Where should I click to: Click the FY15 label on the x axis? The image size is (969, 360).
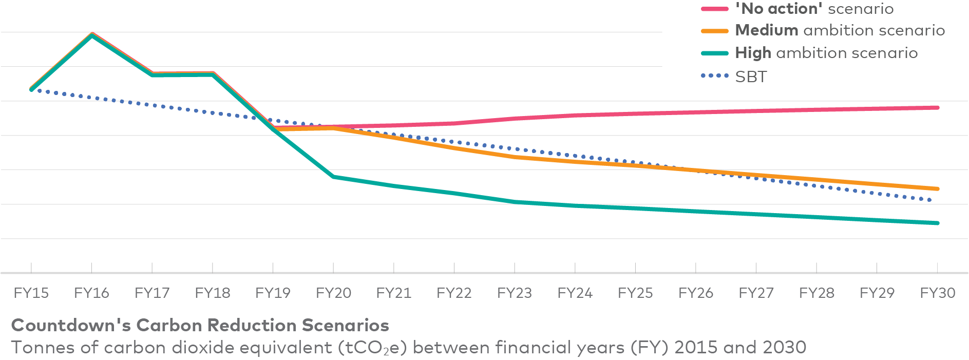(x=31, y=293)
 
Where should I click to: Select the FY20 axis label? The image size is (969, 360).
(x=333, y=293)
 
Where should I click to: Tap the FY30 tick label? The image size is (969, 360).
(x=937, y=293)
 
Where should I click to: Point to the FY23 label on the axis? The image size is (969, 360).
(x=515, y=293)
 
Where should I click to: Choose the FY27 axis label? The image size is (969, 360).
(x=756, y=293)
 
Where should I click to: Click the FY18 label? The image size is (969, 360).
(x=213, y=293)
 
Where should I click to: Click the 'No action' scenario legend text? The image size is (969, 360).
(x=814, y=9)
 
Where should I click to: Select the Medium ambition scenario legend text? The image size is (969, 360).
(x=840, y=30)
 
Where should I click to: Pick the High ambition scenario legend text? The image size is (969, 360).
(x=826, y=53)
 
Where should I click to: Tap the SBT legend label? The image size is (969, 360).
(x=751, y=77)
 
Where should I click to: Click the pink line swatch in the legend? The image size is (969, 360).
(x=715, y=9)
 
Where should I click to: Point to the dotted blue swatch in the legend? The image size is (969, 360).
(x=715, y=76)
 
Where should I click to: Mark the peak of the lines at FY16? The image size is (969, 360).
(x=92, y=34)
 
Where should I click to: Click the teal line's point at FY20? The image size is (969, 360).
(x=334, y=177)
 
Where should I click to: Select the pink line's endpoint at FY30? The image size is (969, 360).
(x=937, y=108)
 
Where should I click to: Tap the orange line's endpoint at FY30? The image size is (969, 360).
(x=937, y=189)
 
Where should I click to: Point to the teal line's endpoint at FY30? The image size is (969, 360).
(x=937, y=223)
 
